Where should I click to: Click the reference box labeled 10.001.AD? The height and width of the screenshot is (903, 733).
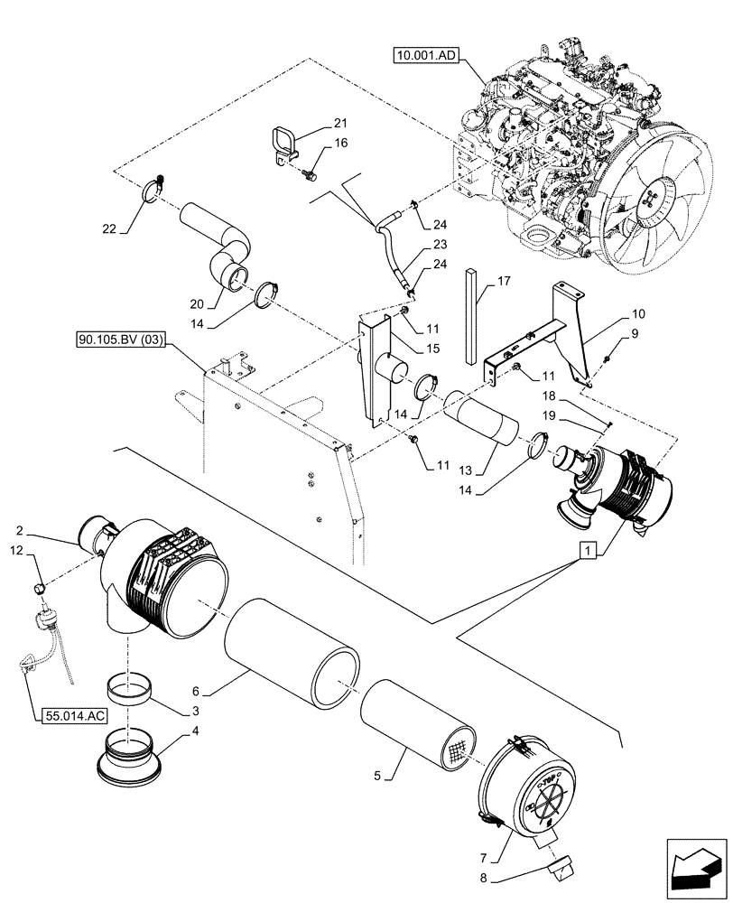click(x=427, y=56)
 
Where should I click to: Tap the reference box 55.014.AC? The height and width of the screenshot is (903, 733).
click(x=73, y=715)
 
